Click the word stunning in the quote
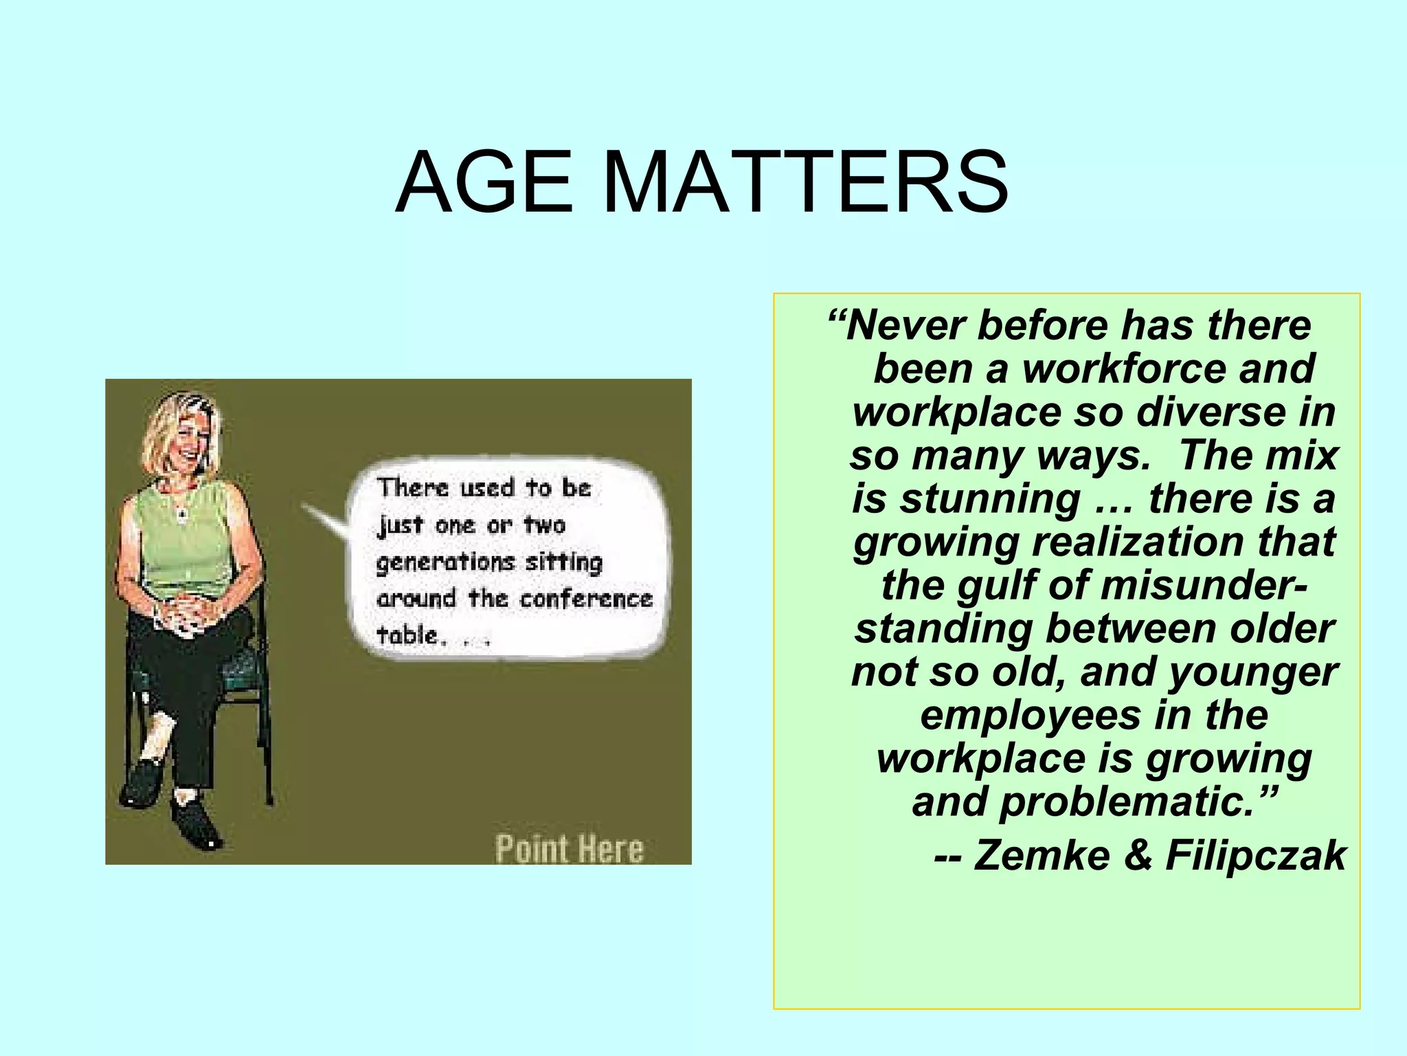point(990,498)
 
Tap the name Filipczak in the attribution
point(1256,855)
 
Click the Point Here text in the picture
point(570,849)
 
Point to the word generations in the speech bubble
point(444,562)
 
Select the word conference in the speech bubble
point(585,599)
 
